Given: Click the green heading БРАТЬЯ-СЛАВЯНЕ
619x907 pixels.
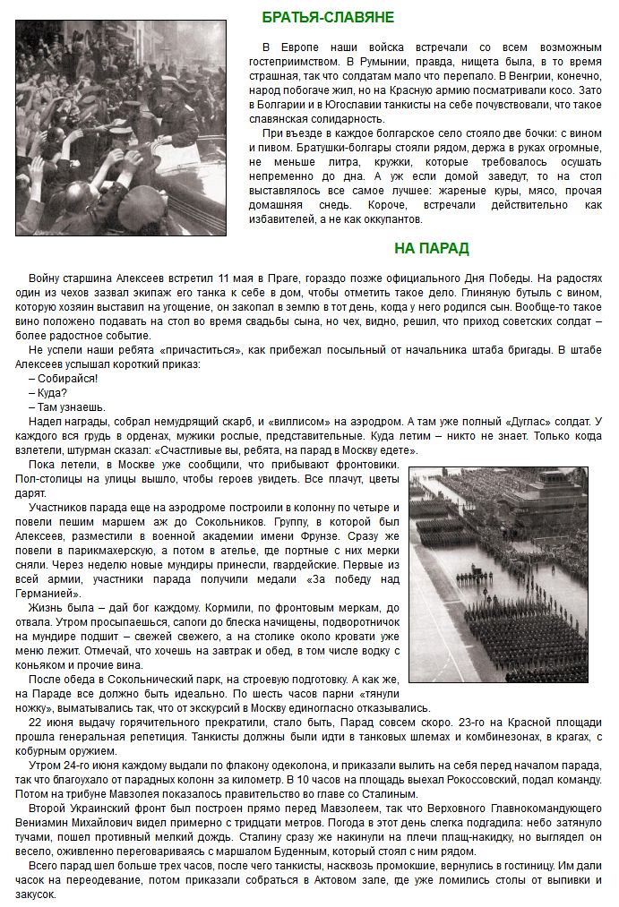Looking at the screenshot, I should [328, 17].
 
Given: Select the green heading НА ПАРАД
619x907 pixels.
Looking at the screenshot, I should [431, 248].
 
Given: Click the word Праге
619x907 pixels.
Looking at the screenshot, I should [292, 278].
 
